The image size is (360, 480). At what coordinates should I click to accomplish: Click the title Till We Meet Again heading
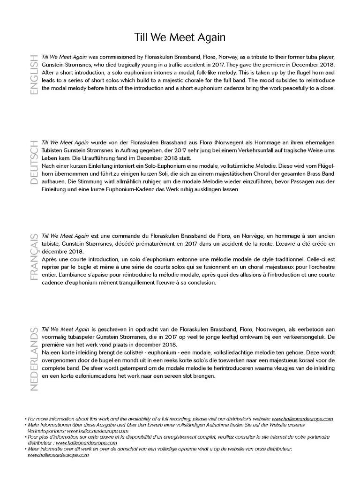click(180, 37)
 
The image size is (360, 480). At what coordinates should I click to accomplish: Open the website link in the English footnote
click(302, 419)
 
